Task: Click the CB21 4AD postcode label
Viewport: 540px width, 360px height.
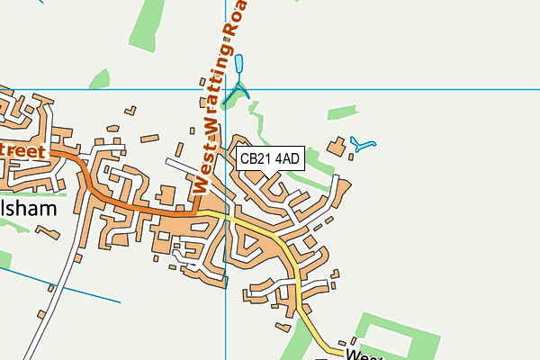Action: (x=270, y=158)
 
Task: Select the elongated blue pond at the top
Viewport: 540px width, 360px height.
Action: (x=239, y=65)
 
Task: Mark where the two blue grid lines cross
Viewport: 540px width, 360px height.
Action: (x=225, y=89)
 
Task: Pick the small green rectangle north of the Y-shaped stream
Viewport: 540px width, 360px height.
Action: (x=341, y=112)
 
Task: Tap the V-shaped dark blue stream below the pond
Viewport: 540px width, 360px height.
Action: (x=236, y=93)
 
